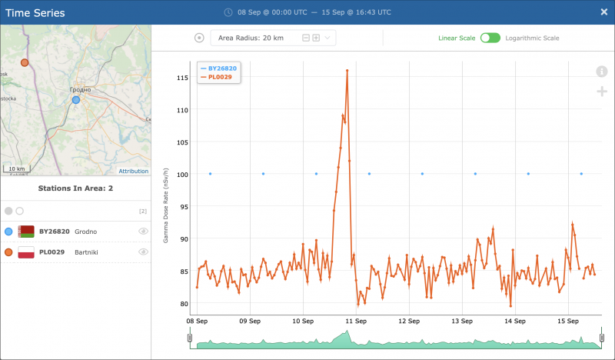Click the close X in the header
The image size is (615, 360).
[x=603, y=12]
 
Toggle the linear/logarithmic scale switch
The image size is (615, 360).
[x=490, y=38]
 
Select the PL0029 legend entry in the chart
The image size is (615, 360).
[x=221, y=77]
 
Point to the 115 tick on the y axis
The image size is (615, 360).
[x=182, y=78]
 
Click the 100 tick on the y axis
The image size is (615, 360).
[x=182, y=175]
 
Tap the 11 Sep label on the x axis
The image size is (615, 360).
[x=355, y=319]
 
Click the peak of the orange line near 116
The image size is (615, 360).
[x=347, y=70]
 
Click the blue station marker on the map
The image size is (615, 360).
[x=75, y=99]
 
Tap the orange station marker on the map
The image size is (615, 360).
[x=25, y=62]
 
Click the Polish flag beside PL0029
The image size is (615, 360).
[x=26, y=252]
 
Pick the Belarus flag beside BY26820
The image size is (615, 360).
[x=26, y=231]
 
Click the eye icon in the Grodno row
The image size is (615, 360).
[x=143, y=231]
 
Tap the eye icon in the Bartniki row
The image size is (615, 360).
[x=143, y=252]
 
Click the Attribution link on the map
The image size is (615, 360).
[x=133, y=171]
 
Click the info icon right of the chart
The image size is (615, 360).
[x=602, y=72]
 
